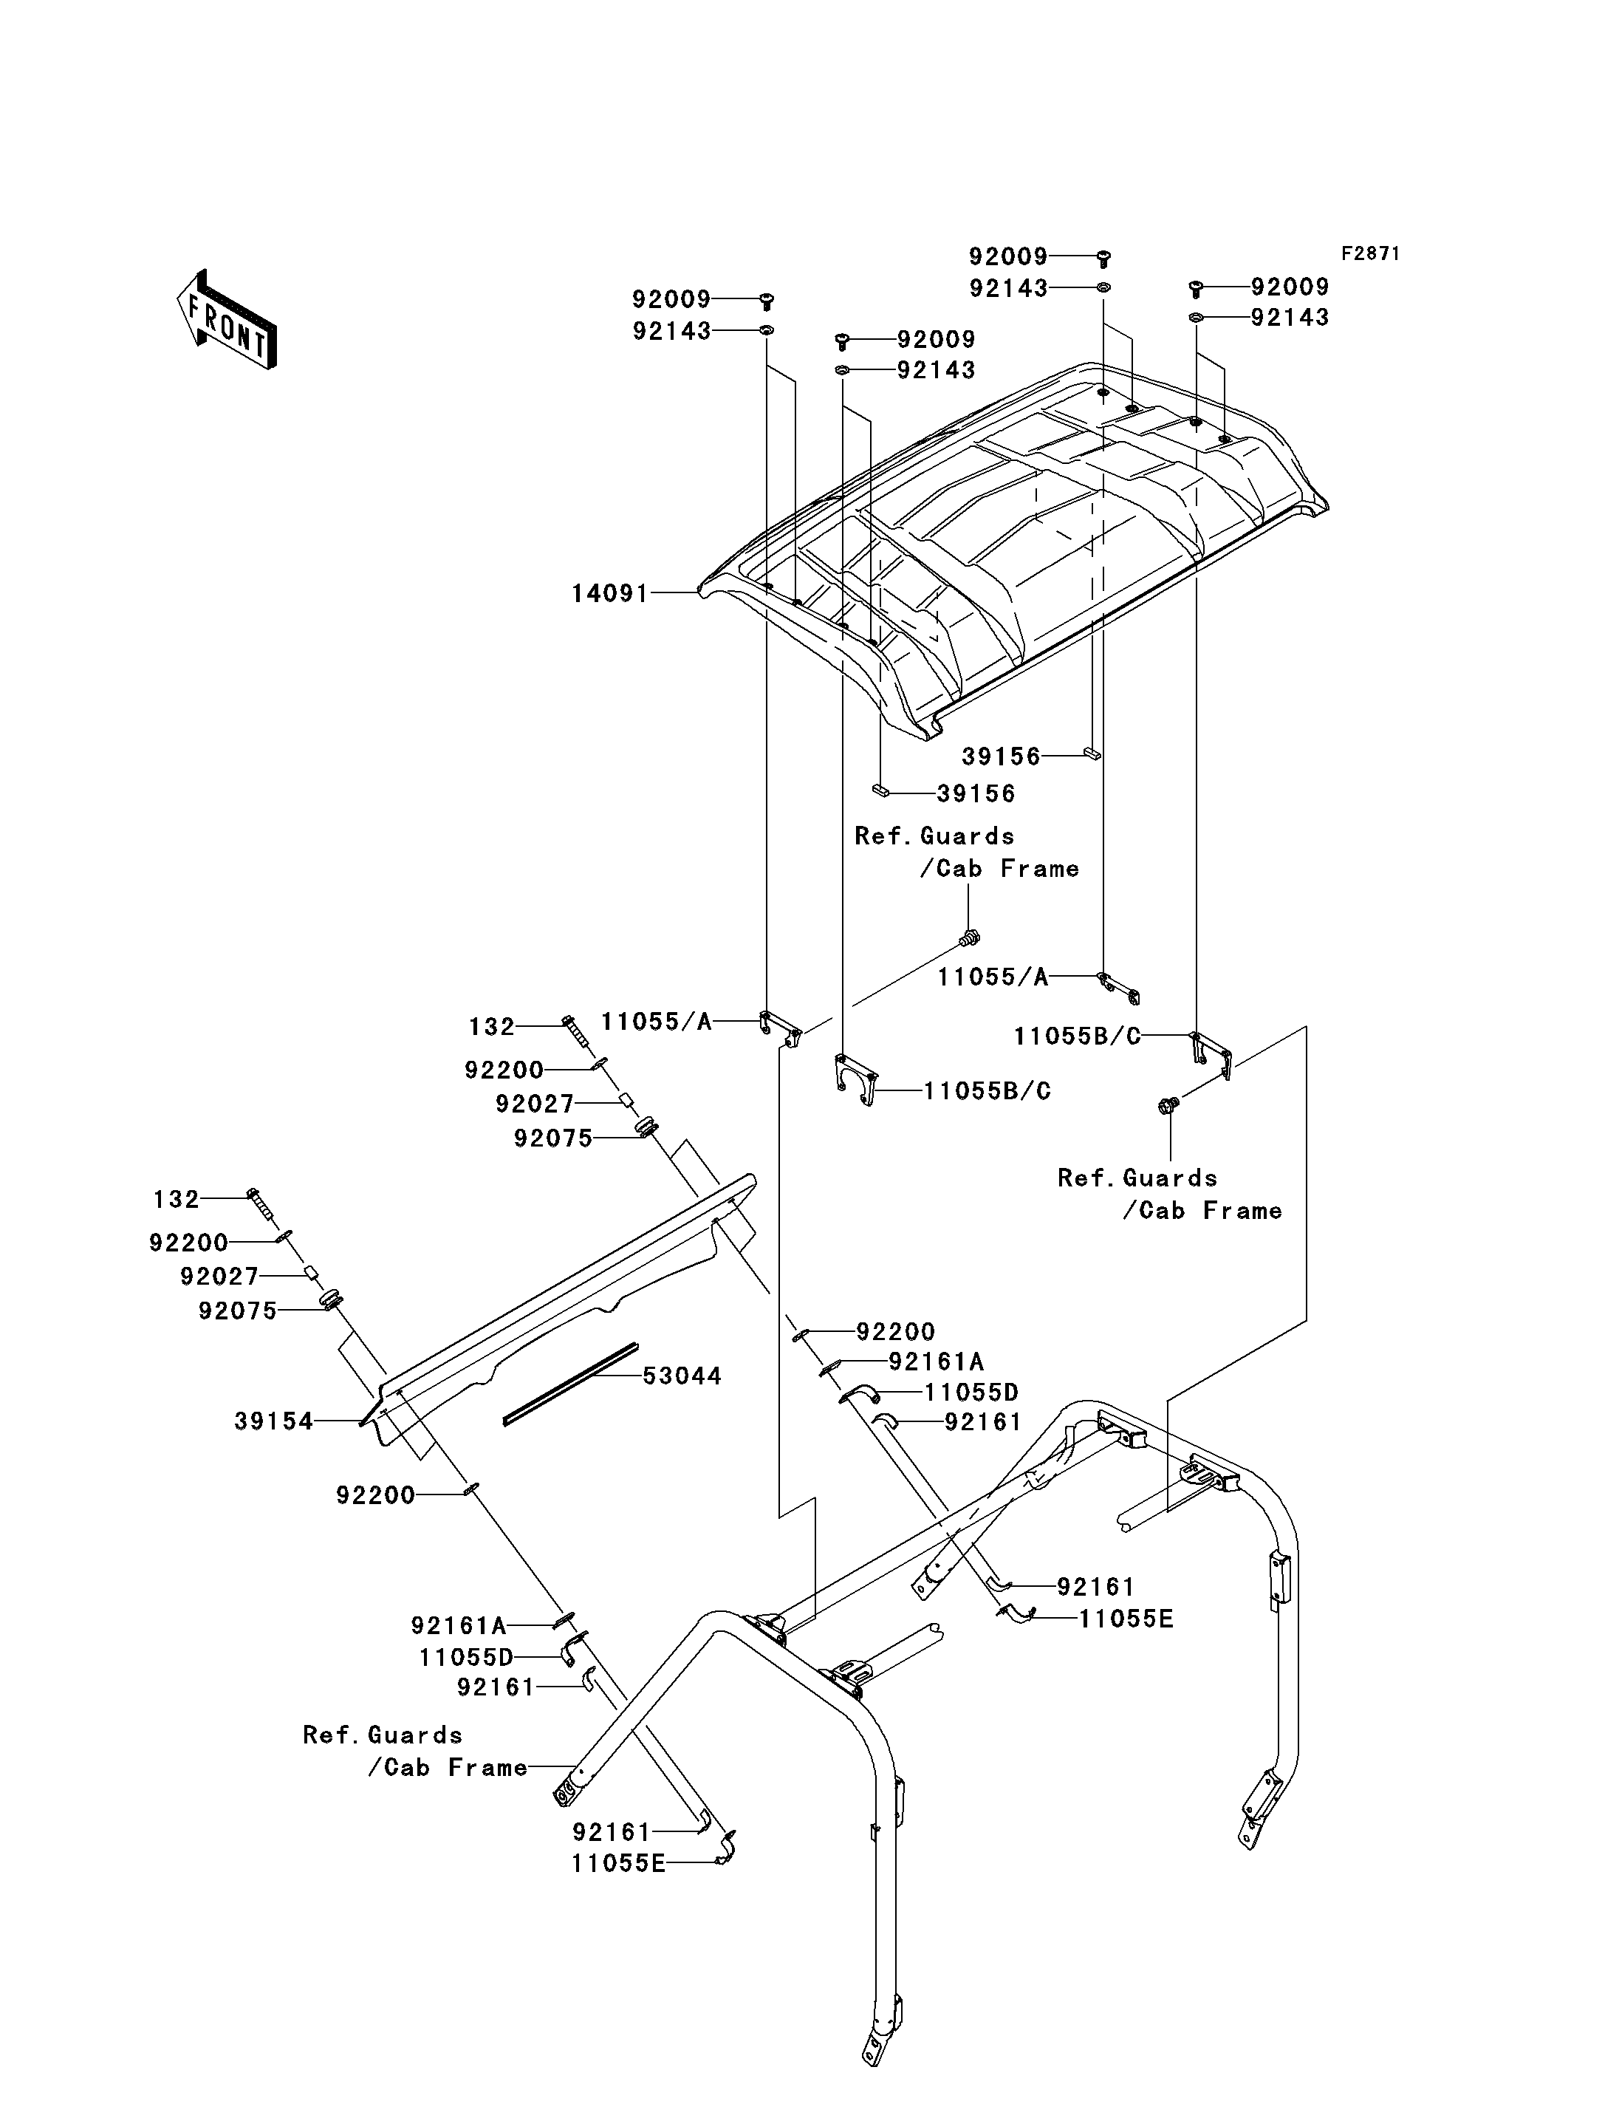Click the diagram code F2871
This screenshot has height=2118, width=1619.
tap(1370, 253)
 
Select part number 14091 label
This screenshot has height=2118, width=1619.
tap(610, 593)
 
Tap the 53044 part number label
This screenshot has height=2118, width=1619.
tap(682, 1376)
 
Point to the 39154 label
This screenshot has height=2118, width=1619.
tap(274, 1421)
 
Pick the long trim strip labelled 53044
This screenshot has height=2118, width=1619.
tap(570, 1384)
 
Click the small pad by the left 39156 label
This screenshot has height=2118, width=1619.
tap(880, 790)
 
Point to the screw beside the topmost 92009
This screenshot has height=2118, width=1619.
tap(1106, 259)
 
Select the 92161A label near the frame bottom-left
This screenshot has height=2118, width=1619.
tap(459, 1625)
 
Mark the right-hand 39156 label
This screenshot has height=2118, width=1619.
tap(1002, 756)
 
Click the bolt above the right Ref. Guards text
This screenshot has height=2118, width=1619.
tap(1170, 1106)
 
